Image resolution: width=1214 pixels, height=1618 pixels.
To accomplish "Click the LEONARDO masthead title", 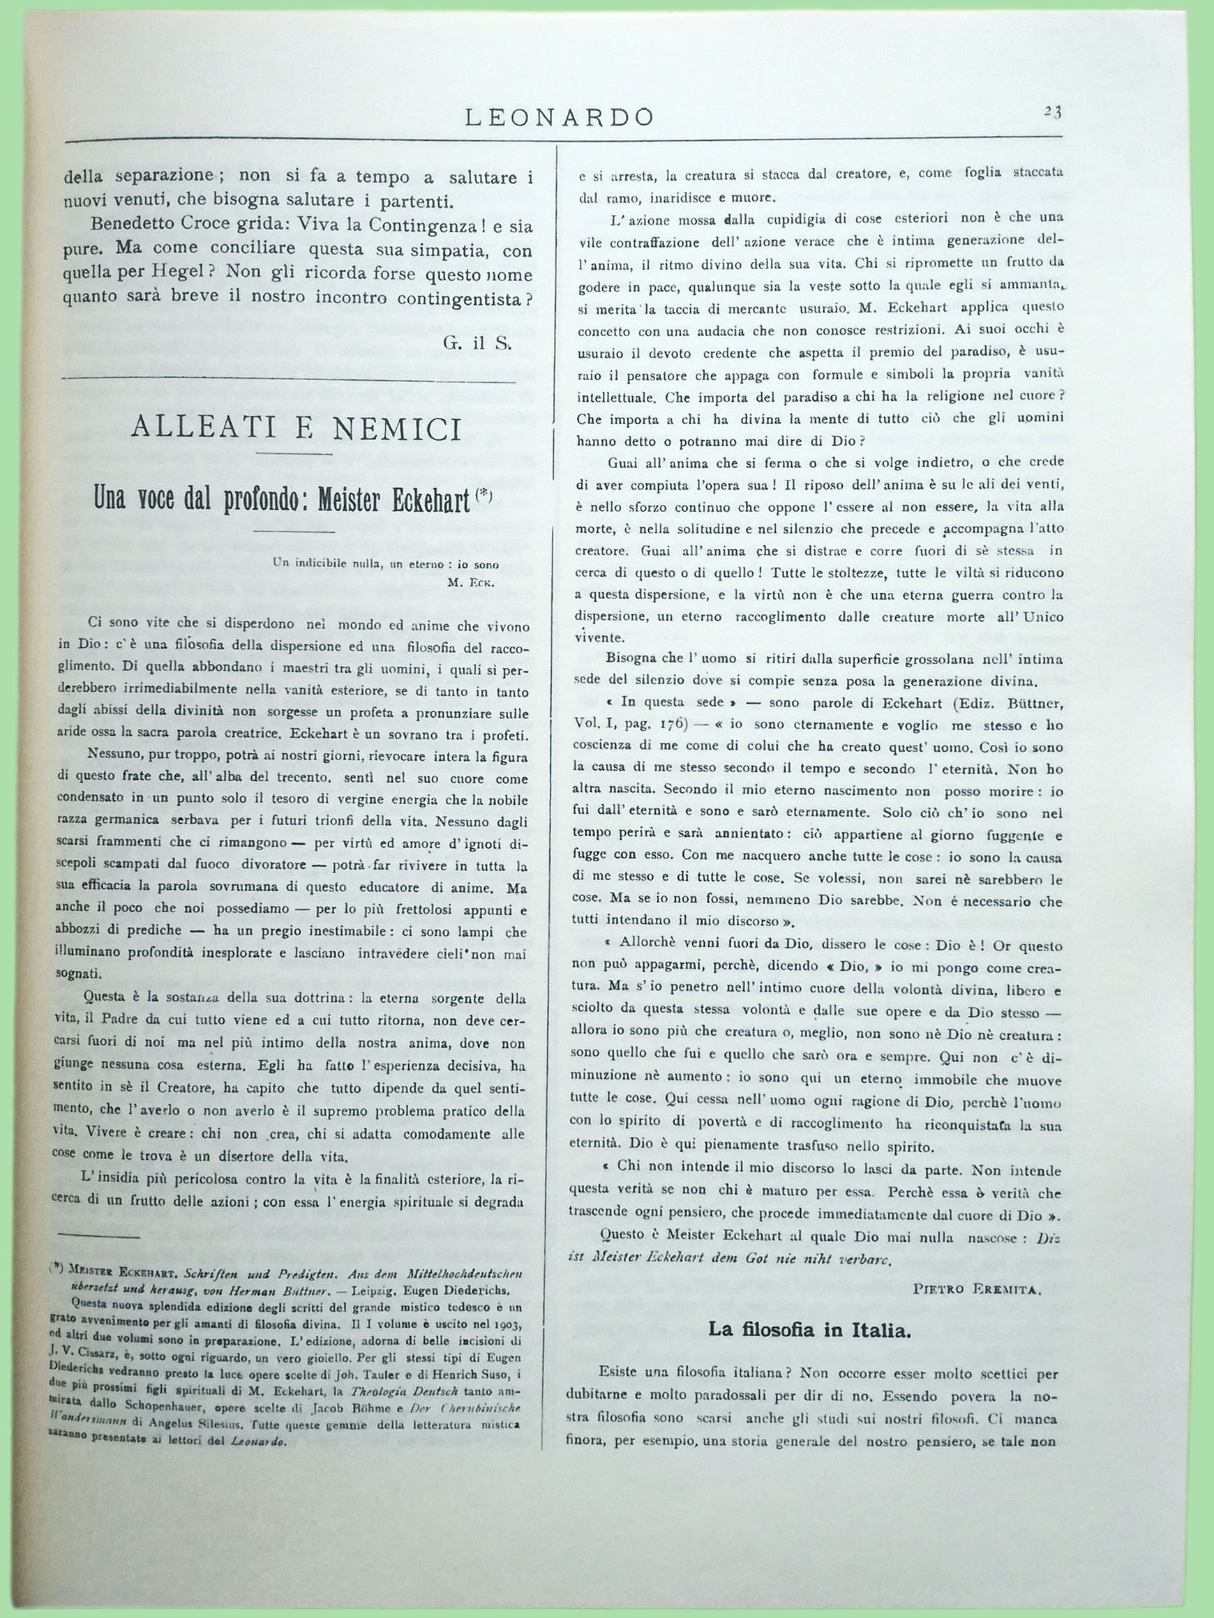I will pos(559,117).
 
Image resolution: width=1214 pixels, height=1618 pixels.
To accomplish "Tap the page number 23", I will pos(1053,112).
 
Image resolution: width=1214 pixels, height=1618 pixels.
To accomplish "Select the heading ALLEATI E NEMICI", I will pos(296,430).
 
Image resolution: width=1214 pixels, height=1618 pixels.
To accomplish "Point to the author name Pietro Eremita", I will pos(977,1290).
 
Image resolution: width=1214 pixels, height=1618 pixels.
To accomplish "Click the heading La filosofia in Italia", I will pos(809,1330).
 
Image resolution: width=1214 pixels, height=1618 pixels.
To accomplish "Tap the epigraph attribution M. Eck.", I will pos(471,583).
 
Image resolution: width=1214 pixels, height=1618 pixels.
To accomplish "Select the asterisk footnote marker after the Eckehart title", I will pos(484,494).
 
